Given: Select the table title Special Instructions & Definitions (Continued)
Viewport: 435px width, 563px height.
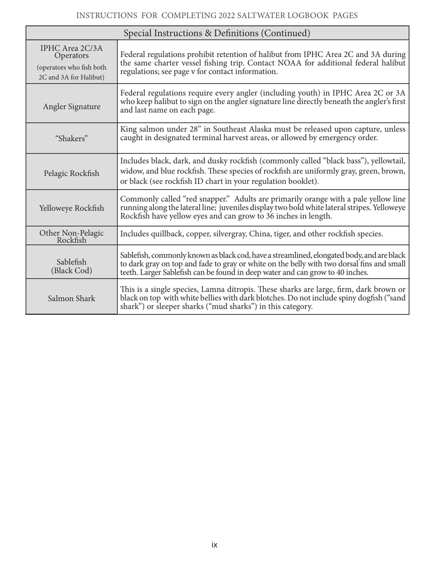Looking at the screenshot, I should (x=217, y=33).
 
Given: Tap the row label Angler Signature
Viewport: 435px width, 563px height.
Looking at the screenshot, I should (x=71, y=107).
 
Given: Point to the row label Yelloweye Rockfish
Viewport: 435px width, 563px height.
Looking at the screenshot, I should (x=71, y=208).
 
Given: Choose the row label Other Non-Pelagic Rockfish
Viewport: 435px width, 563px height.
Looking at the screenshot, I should (x=71, y=236).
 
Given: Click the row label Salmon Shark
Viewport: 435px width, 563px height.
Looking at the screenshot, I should (x=71, y=299).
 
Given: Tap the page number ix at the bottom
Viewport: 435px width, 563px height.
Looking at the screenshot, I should (x=214, y=545).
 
